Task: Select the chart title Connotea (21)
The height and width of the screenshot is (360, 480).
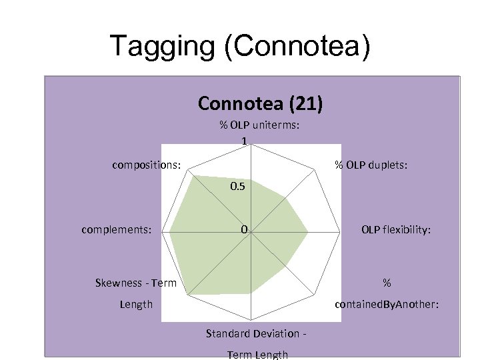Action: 261,103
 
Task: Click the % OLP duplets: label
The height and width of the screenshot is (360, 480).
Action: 371,163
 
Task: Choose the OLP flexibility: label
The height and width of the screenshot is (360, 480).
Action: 396,230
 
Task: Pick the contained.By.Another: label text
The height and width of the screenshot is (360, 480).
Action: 386,304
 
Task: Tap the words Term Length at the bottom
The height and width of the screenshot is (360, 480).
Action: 257,354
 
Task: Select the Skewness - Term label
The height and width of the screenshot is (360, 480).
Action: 136,283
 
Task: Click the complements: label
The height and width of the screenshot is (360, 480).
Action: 117,230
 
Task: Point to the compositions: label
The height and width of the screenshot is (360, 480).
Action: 147,163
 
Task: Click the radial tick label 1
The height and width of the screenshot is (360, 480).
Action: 245,141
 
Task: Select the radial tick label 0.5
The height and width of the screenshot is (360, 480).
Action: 238,187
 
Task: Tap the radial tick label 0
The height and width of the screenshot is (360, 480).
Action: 245,230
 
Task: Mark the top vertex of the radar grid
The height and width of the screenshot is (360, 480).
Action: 251,145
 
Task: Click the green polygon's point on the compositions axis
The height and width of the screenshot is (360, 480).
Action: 192,175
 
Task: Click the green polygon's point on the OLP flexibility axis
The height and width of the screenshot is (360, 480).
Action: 308,233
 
